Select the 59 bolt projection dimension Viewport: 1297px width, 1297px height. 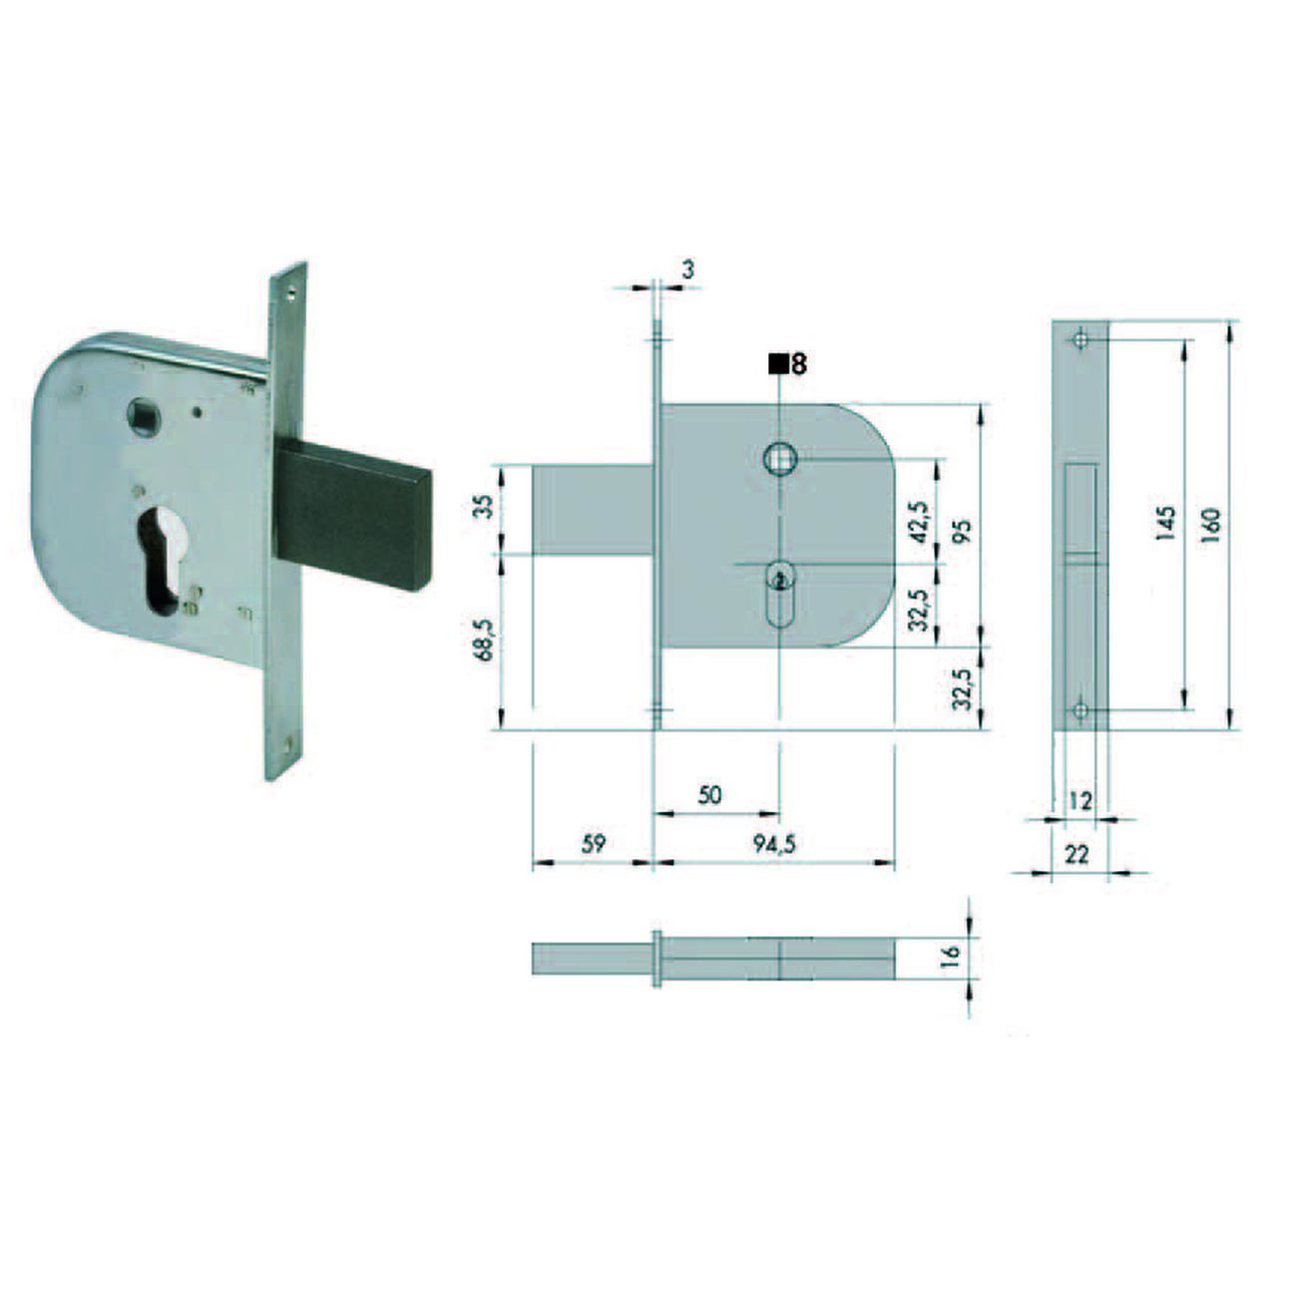pyautogui.click(x=593, y=844)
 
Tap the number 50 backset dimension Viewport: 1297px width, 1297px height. pyautogui.click(x=709, y=795)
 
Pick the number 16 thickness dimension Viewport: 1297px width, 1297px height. pyautogui.click(x=951, y=953)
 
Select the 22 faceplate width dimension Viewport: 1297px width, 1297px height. pyautogui.click(x=1077, y=855)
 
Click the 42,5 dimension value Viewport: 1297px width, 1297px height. pyautogui.click(x=920, y=520)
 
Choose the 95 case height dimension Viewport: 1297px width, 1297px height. pyautogui.click(x=962, y=529)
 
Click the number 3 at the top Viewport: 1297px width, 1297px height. pyautogui.click(x=687, y=268)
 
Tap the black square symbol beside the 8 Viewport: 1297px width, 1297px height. pyautogui.click(x=776, y=364)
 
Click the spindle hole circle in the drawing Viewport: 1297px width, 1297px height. pyautogui.click(x=778, y=459)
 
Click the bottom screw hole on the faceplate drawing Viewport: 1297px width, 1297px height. pyautogui.click(x=1080, y=710)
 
